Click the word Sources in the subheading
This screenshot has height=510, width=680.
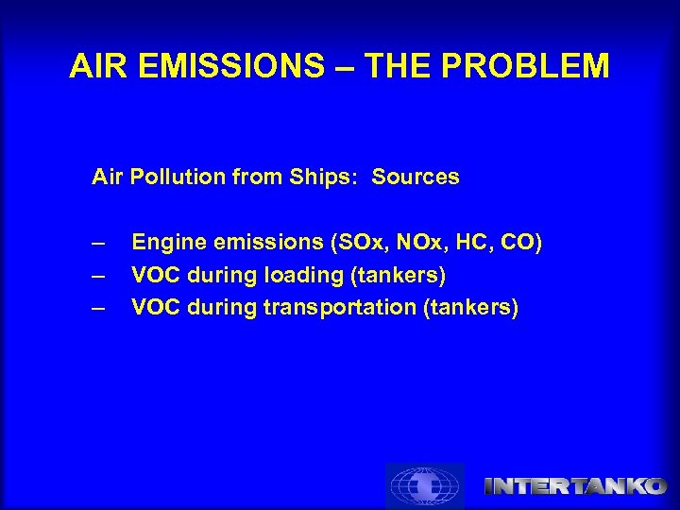pyautogui.click(x=416, y=177)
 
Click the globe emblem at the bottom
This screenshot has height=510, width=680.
pyautogui.click(x=425, y=486)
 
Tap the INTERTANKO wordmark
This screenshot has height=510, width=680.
pyautogui.click(x=576, y=486)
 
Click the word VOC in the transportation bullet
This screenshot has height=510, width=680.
pyautogui.click(x=154, y=307)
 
